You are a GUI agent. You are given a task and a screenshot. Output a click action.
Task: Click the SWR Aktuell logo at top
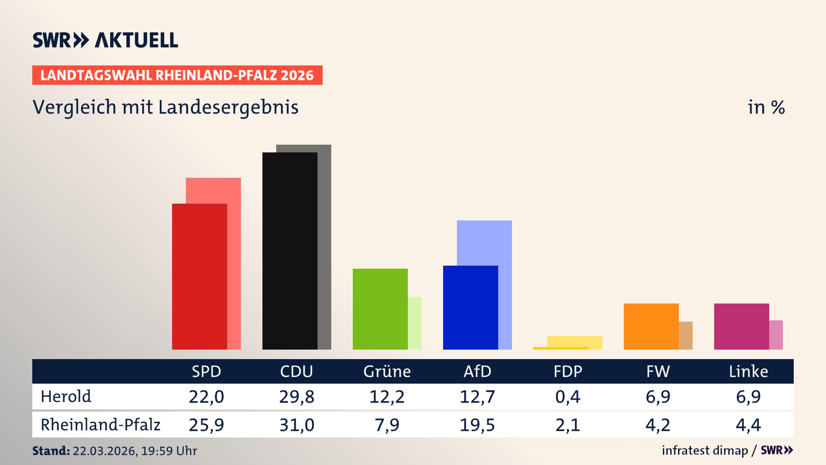[105, 40]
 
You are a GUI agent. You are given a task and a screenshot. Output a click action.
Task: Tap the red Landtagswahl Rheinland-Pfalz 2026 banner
[177, 75]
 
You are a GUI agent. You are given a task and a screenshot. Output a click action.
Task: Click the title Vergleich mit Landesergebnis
[165, 107]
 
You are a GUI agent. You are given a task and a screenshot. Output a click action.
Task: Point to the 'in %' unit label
[766, 107]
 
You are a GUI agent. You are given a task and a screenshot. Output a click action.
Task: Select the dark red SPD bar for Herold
[199, 276]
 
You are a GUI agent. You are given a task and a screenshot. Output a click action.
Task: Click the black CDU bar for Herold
[290, 251]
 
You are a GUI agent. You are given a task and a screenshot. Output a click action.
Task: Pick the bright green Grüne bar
[380, 309]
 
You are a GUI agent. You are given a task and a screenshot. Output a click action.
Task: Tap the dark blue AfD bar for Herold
[470, 307]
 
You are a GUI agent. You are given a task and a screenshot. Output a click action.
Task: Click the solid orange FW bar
[651, 326]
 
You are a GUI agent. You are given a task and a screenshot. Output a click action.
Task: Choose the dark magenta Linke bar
[741, 326]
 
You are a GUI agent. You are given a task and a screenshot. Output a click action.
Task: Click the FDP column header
[567, 372]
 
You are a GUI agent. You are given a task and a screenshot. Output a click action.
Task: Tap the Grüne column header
[387, 372]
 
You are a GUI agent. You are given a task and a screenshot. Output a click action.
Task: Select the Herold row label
[66, 397]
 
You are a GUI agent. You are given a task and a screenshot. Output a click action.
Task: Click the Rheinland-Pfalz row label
[100, 425]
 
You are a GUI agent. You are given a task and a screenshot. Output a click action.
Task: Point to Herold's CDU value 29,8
[296, 397]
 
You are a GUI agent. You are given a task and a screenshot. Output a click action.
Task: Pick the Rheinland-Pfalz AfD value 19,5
[477, 425]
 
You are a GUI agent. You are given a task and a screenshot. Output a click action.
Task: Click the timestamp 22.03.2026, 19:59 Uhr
[135, 451]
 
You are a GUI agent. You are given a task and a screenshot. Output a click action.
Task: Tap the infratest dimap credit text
[705, 450]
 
